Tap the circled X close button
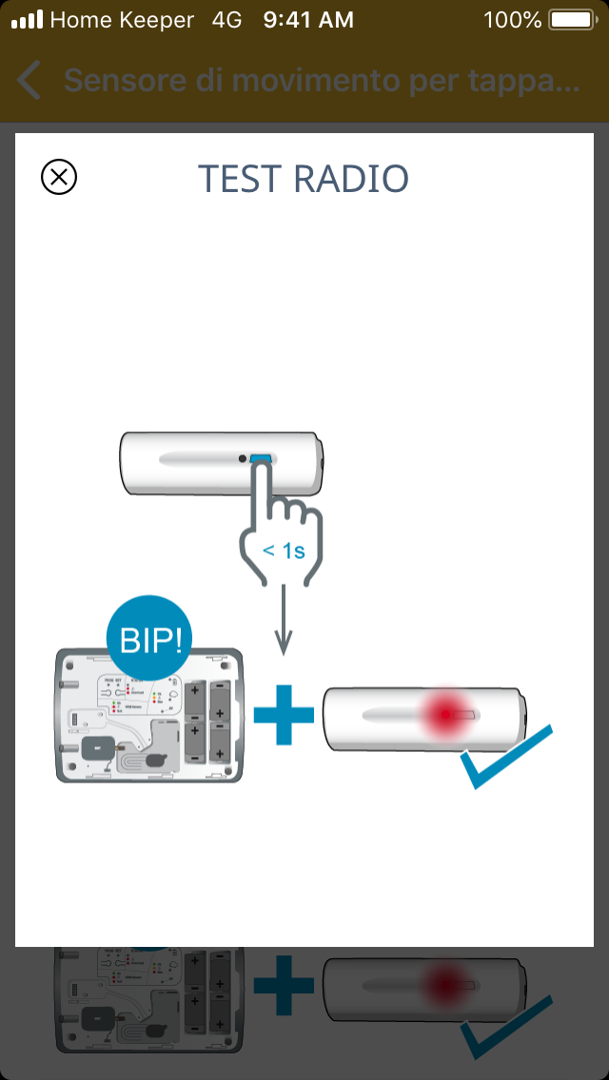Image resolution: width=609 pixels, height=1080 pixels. (59, 177)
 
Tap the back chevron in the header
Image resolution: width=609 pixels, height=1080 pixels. (29, 82)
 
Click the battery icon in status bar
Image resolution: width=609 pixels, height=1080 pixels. (572, 19)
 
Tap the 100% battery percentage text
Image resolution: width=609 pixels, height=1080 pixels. (512, 19)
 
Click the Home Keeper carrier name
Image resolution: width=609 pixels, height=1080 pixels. (122, 19)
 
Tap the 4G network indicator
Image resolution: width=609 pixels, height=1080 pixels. (227, 19)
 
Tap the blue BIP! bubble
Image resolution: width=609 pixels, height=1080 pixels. (147, 640)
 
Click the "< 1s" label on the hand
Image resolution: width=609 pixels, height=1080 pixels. (283, 550)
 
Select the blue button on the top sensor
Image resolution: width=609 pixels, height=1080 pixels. (261, 460)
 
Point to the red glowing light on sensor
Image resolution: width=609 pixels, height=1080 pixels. (442, 714)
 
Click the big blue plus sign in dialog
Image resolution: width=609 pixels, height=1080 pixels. (284, 712)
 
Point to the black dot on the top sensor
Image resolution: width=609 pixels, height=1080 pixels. (244, 459)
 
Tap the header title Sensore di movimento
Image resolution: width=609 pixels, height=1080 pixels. (321, 82)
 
